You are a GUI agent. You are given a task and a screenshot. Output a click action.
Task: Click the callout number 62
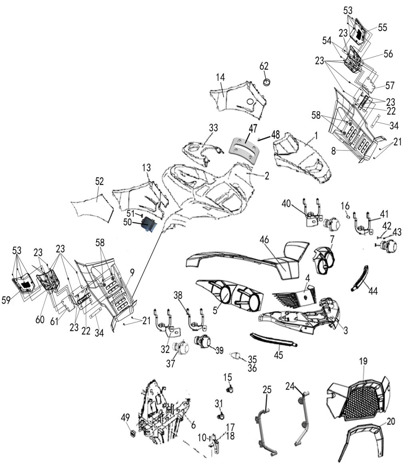point(264,66)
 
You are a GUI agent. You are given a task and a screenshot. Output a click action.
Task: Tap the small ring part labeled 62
point(267,81)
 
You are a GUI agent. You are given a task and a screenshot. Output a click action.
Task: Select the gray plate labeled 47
point(244,149)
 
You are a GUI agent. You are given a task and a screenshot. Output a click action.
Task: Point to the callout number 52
point(99,181)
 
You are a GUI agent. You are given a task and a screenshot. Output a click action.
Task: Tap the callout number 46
point(264,239)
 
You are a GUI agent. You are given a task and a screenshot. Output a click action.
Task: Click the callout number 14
point(220,78)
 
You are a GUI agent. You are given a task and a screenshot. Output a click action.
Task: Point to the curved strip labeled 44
point(359,278)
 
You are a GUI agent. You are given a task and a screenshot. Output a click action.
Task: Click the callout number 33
point(213,128)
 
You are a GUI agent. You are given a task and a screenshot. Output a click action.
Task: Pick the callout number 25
point(267,389)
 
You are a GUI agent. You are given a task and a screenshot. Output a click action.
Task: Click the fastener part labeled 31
point(221,415)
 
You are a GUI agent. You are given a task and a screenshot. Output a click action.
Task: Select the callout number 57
point(390,86)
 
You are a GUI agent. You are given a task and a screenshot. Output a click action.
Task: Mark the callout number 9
point(132,272)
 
